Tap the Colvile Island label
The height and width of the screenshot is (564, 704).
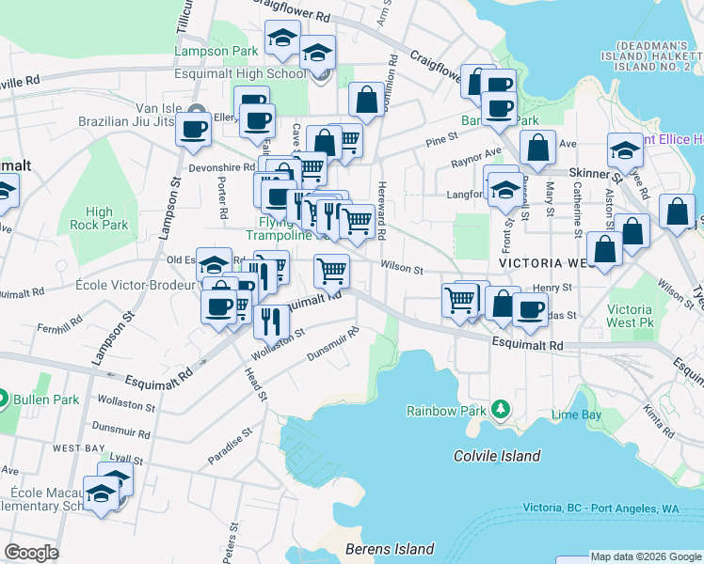coord(497,457)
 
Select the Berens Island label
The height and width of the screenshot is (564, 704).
coord(390,549)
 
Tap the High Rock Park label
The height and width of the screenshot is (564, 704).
coord(105,219)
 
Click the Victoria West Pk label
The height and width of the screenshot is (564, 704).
coord(630,316)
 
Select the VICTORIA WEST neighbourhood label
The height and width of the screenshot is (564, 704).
coord(550,263)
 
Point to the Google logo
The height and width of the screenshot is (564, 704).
coord(32,553)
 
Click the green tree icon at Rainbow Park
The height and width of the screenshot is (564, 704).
coord(502,410)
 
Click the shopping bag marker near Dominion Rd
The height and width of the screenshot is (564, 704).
coord(365,98)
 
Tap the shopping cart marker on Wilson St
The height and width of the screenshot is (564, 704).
coord(331,270)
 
